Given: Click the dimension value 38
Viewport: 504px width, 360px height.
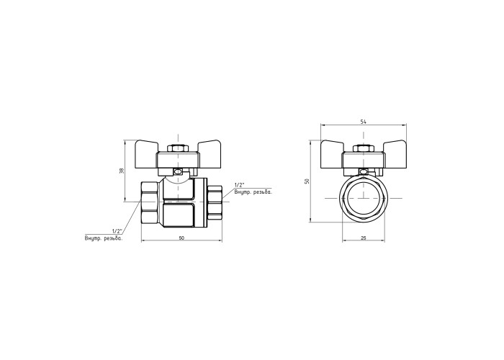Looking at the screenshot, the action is [122, 171].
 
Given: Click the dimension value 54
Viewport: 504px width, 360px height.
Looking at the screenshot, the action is [363, 122].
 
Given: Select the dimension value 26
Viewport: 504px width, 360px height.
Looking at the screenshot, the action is [364, 238].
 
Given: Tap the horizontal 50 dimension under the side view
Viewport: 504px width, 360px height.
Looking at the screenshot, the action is [181, 238].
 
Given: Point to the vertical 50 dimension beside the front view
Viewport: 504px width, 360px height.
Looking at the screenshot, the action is [307, 181].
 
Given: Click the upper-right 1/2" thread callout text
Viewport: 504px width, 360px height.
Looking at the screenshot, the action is [240, 185].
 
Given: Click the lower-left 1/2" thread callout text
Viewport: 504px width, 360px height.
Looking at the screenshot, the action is [117, 231].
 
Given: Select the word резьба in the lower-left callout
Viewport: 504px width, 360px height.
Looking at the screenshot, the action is [114, 238].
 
